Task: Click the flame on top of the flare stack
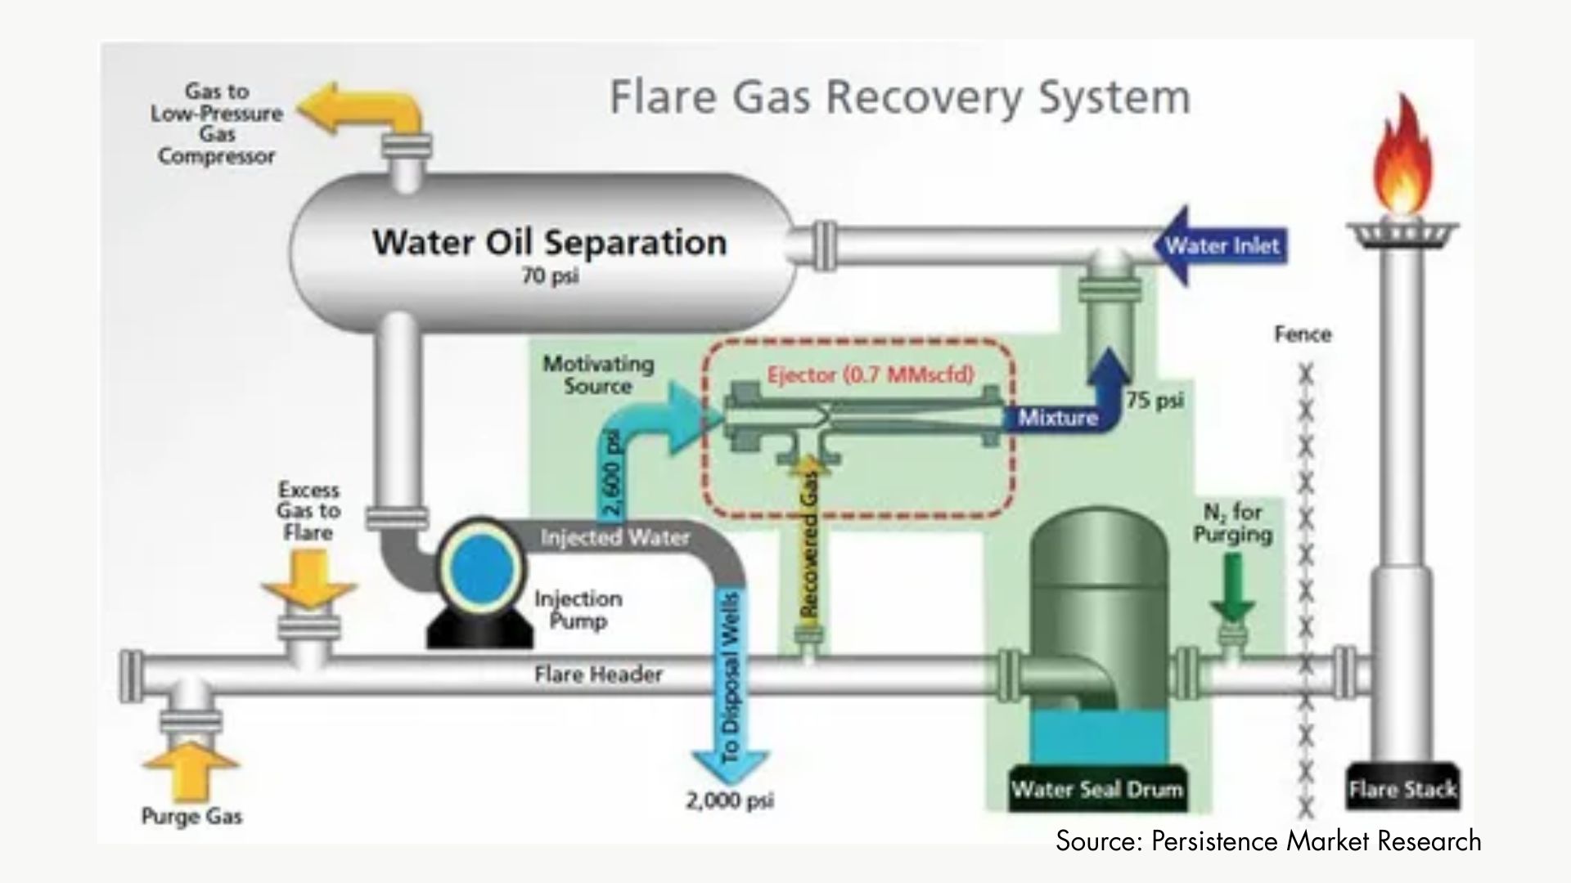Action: (1402, 159)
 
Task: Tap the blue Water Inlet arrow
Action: (1219, 246)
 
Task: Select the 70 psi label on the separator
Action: (550, 276)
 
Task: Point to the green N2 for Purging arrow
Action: (1232, 587)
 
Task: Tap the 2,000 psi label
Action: (729, 801)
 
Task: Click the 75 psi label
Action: (1155, 401)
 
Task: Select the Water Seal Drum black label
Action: (1096, 790)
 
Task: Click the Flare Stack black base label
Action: (1402, 790)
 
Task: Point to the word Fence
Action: (1303, 334)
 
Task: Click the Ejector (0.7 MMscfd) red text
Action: (871, 375)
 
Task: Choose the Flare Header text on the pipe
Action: (598, 675)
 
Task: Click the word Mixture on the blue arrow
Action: (1057, 418)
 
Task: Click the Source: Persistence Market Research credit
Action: (1267, 841)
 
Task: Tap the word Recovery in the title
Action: (925, 97)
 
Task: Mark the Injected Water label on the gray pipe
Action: (614, 538)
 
